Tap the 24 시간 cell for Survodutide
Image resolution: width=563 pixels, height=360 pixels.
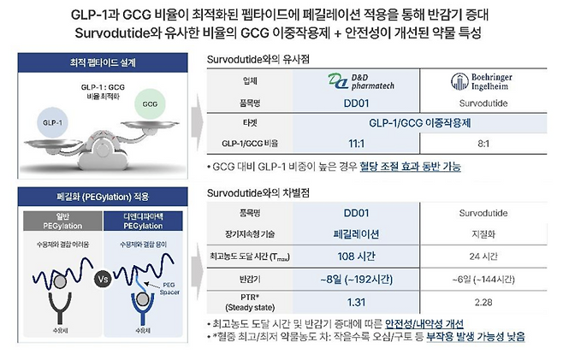tap(483, 256)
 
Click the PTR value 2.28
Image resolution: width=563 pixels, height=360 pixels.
tap(483, 300)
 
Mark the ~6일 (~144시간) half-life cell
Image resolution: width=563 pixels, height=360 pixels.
tap(483, 278)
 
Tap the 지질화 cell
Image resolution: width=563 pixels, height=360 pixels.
tap(483, 233)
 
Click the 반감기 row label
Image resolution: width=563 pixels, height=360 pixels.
tap(250, 278)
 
